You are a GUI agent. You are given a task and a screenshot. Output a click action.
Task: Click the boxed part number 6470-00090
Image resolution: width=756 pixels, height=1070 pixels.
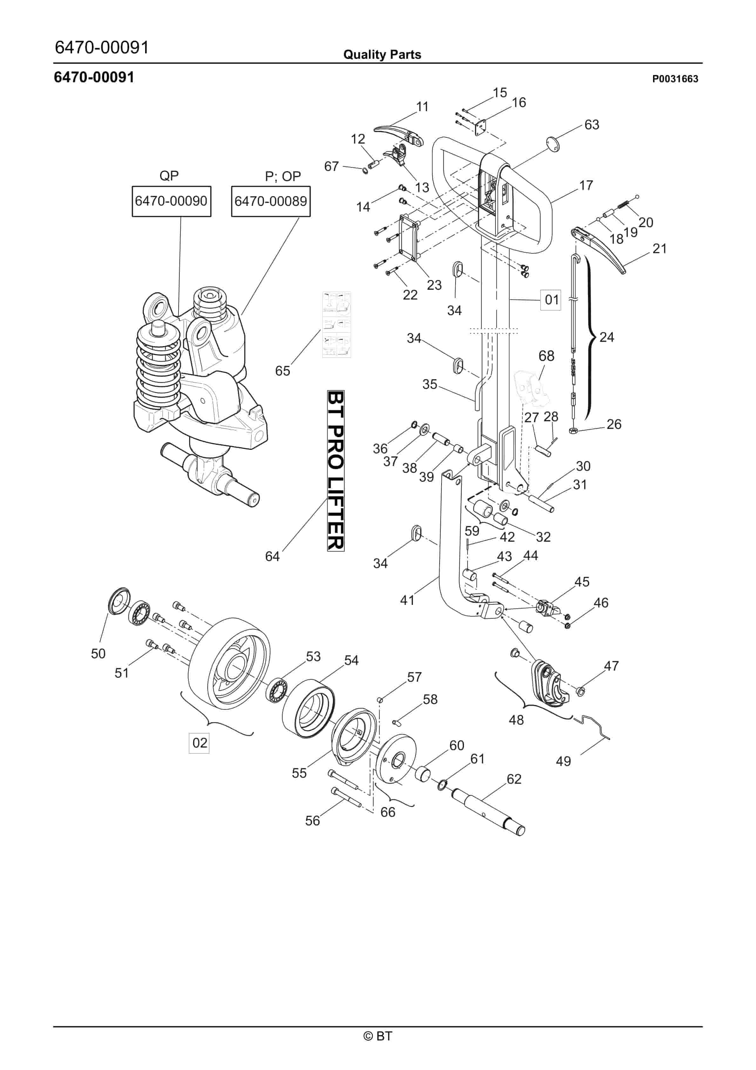(x=171, y=201)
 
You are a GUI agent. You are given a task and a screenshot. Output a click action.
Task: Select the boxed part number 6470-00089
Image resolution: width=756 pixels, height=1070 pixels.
(x=271, y=201)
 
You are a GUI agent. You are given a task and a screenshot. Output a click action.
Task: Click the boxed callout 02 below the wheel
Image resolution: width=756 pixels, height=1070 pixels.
(x=199, y=742)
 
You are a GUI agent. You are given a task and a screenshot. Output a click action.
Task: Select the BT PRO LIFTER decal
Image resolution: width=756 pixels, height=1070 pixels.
(x=335, y=471)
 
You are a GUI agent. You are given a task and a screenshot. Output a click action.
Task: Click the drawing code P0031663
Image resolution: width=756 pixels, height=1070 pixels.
(x=675, y=79)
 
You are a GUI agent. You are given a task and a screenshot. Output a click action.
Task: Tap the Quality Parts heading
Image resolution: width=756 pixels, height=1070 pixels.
(x=382, y=55)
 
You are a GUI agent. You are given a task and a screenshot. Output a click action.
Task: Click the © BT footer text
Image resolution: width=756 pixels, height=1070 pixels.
(x=378, y=1035)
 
